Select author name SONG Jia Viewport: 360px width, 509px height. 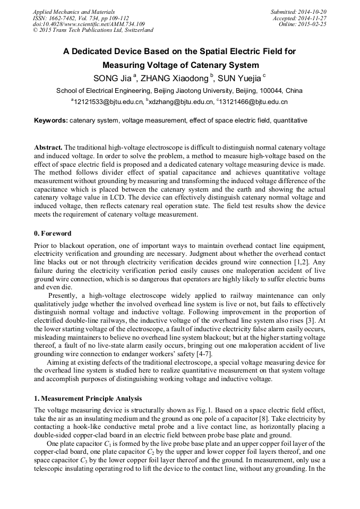click(113, 79)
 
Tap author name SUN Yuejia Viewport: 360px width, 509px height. click(239, 79)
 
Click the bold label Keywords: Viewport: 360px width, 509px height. click(51, 120)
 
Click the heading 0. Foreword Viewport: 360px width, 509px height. click(53, 234)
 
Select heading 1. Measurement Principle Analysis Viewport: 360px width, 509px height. click(88, 398)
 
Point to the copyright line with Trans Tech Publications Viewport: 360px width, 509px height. click(93, 30)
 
